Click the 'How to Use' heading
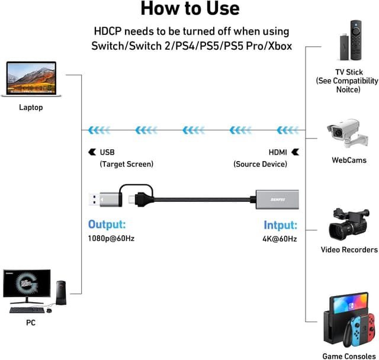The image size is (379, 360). [x=189, y=9]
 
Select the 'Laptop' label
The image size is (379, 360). [x=31, y=107]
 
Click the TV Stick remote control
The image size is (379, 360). [x=356, y=41]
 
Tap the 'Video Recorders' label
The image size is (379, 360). [x=349, y=250]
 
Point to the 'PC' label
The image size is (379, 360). [x=31, y=323]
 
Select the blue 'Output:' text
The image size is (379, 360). [x=107, y=224]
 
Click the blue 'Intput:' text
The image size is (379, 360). [x=280, y=225]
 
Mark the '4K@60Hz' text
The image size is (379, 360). [x=280, y=239]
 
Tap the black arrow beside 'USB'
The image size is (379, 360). [x=92, y=152]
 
